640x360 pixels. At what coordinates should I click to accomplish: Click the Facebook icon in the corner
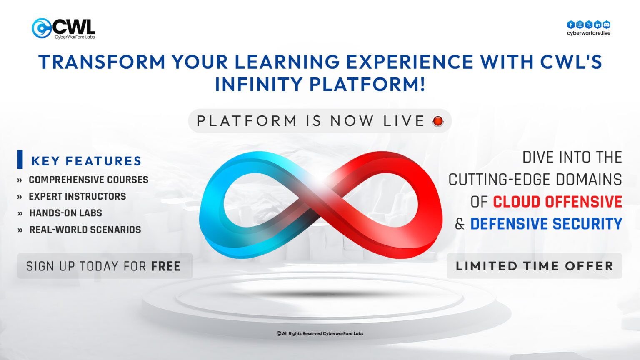coord(571,25)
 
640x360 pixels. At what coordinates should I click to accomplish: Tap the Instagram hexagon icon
coord(580,25)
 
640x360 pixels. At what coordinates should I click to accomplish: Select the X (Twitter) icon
coord(589,25)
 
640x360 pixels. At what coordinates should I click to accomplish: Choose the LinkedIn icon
coord(597,25)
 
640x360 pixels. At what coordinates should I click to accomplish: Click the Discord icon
coord(607,25)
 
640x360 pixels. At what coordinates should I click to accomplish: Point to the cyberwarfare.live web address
coord(588,33)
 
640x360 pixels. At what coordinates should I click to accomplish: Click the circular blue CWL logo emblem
coord(41,28)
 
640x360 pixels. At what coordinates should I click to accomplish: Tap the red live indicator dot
coord(438,121)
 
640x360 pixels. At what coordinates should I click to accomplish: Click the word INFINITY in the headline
coord(258,84)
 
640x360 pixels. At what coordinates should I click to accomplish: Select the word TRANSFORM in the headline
coord(102,62)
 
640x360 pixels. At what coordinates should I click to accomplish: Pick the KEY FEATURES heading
coord(86,161)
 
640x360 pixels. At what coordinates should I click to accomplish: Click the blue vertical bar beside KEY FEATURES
coord(20,160)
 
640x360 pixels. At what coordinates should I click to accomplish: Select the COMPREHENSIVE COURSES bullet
coord(88,180)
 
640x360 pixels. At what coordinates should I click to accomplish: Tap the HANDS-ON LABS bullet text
coord(65,213)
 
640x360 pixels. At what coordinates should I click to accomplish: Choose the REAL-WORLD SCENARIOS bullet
coord(85,230)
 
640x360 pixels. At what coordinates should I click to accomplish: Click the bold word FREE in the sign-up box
coord(166,266)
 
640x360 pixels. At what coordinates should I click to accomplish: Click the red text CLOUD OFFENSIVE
coord(557,202)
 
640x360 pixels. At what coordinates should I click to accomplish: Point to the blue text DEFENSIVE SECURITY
coord(546,224)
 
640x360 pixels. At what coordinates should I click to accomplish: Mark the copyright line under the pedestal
coord(320,333)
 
